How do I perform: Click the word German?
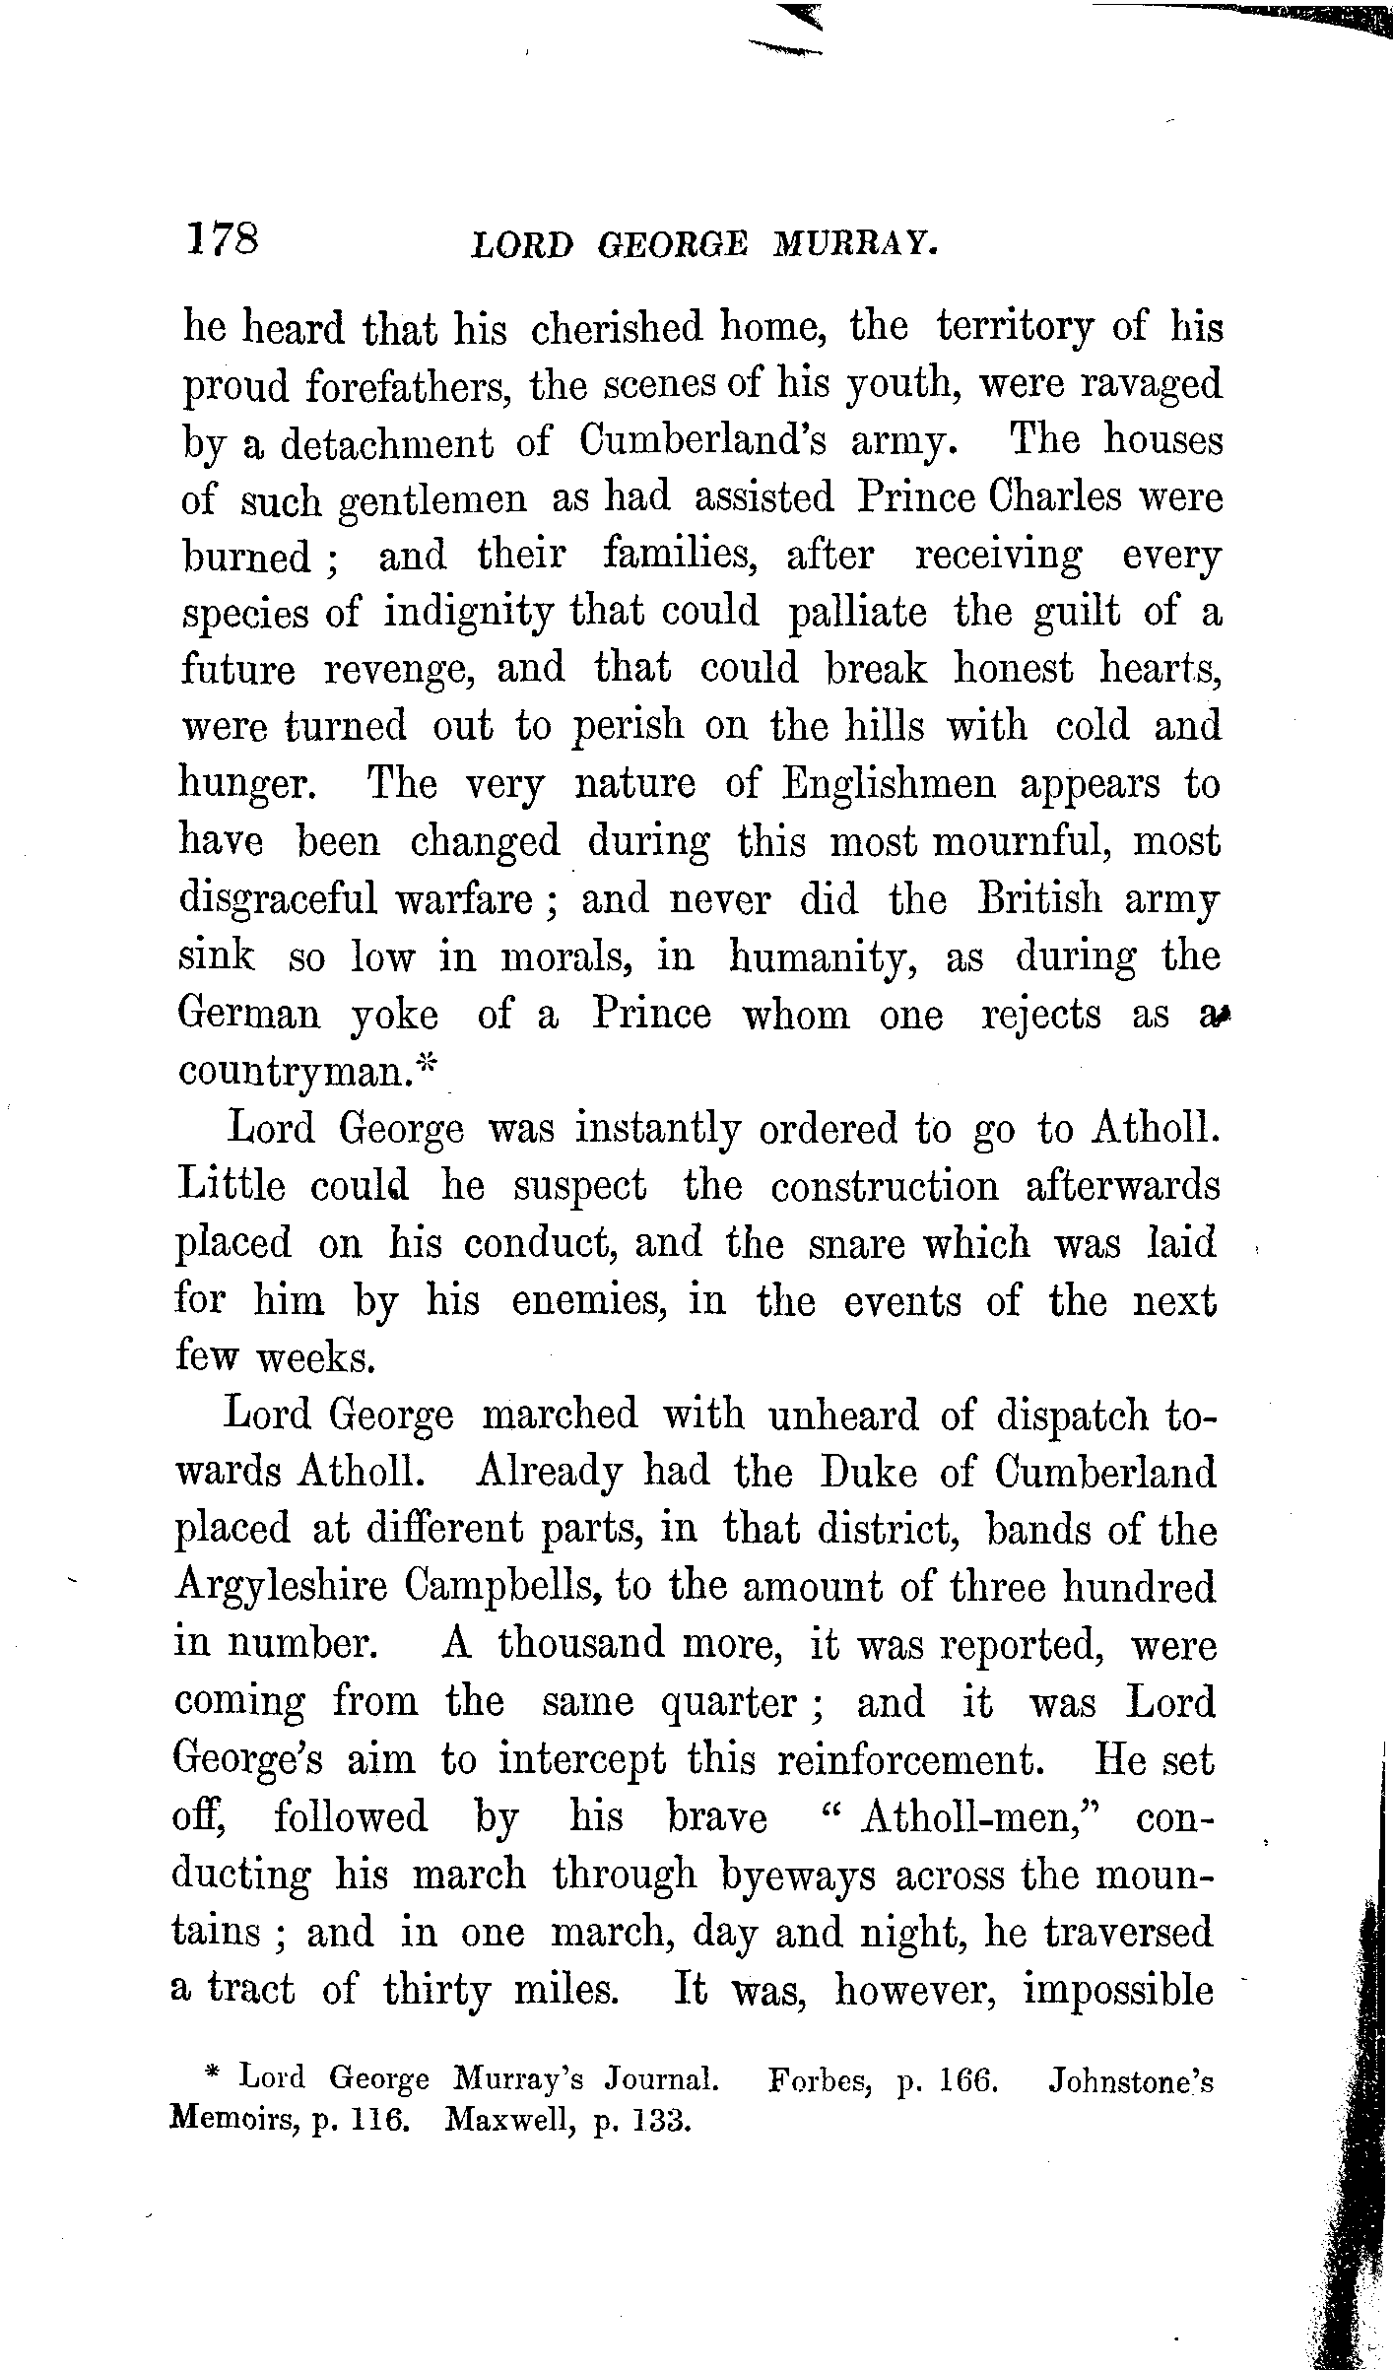pyautogui.click(x=249, y=1015)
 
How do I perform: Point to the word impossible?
pyautogui.click(x=1118, y=1990)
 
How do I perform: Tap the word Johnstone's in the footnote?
pyautogui.click(x=1131, y=2080)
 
